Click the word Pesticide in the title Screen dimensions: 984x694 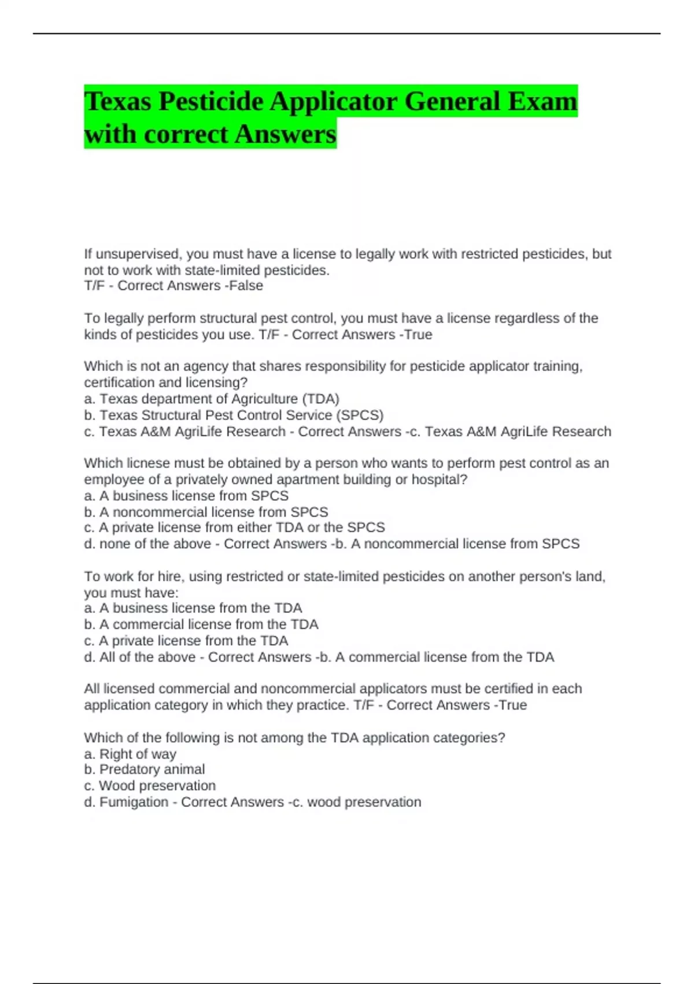pyautogui.click(x=211, y=101)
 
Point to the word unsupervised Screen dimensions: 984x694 pyautogui.click(x=139, y=254)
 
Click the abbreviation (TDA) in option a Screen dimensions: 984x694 pyautogui.click(x=320, y=399)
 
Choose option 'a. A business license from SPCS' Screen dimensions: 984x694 pyautogui.click(x=186, y=495)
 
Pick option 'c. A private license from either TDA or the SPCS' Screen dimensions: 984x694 pyautogui.click(x=234, y=527)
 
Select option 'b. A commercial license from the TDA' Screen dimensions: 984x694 pyautogui.click(x=201, y=624)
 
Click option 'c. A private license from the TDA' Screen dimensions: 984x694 pyautogui.click(x=186, y=641)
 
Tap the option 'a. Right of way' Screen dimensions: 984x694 pyautogui.click(x=130, y=754)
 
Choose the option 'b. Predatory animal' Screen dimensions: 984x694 pyautogui.click(x=145, y=769)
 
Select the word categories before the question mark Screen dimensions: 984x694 pyautogui.click(x=466, y=737)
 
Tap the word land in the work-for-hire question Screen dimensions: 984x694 pyautogui.click(x=589, y=577)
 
